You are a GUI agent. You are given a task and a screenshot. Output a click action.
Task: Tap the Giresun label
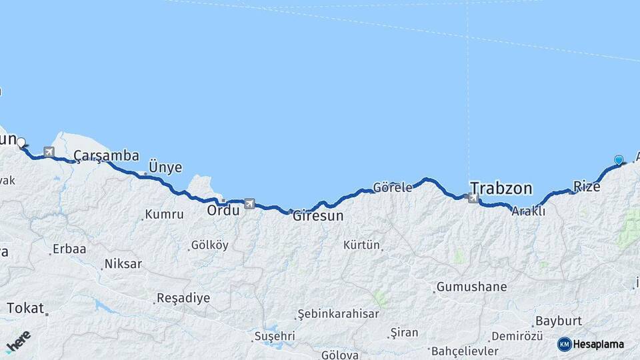point(318,216)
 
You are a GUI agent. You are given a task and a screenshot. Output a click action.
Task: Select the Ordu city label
point(223,210)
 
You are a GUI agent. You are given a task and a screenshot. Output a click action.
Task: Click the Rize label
point(587,187)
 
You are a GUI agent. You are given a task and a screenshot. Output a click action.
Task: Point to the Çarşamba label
point(106,156)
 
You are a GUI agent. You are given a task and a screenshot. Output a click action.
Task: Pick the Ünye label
point(165,167)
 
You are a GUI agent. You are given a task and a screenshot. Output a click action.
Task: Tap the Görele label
point(393,187)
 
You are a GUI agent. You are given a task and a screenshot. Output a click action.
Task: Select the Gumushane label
point(471,287)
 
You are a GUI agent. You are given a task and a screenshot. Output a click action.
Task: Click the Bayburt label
point(559,321)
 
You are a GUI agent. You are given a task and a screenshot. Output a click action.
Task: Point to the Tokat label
point(25,308)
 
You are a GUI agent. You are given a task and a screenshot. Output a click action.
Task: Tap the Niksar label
point(123,264)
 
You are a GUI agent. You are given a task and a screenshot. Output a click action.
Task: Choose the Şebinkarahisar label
point(338,314)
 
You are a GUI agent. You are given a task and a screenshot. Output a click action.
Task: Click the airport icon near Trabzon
point(473,197)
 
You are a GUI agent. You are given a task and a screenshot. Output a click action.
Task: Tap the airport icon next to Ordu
point(249,203)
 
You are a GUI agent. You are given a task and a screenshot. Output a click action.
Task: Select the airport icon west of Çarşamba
point(49,153)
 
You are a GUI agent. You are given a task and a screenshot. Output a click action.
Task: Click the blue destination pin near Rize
point(619,160)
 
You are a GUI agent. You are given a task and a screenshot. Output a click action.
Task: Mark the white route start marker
point(21,142)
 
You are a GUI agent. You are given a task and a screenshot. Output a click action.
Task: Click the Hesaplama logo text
point(598,345)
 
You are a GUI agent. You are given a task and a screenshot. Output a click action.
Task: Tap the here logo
point(18,342)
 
